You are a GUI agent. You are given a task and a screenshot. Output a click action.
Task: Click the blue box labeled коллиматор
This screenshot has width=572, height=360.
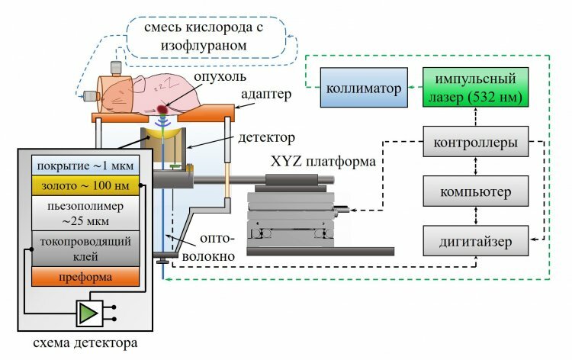coord(364,88)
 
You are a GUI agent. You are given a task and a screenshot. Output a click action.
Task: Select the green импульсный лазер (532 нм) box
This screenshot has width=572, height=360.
coord(475,87)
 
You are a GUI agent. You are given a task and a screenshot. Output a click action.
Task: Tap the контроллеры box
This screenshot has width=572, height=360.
coord(475,142)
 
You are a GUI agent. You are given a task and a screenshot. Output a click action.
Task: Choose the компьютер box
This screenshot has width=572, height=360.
coord(475,191)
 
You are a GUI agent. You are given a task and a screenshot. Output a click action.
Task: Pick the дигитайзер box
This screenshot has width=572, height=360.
coord(475,241)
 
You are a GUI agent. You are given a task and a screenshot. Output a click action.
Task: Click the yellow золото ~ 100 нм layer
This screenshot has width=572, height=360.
coord(85,185)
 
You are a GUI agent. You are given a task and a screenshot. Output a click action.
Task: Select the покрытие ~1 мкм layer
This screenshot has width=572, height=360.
coord(85,166)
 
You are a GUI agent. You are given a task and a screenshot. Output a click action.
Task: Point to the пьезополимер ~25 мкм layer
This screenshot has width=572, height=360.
coord(85,213)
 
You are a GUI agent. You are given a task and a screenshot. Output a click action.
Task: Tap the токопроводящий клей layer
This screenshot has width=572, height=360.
coord(85,249)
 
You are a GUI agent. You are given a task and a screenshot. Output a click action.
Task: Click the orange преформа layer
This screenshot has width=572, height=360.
coord(85,276)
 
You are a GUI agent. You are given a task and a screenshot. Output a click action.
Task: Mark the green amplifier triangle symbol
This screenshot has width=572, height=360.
coord(88,313)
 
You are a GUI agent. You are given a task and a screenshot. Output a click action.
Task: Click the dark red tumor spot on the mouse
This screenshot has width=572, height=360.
coord(162,109)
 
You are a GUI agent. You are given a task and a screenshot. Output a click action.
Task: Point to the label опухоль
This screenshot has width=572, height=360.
coord(220,76)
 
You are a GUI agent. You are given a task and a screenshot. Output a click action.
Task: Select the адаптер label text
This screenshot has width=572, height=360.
coord(266,95)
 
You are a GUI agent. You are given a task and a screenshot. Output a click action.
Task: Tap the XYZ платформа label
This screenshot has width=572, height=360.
coord(323,161)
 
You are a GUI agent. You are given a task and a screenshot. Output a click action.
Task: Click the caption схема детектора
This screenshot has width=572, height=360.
coord(85,343)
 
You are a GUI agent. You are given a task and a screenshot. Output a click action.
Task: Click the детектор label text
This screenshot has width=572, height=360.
coord(266,138)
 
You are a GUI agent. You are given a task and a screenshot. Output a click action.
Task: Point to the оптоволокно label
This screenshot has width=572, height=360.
coord(209,247)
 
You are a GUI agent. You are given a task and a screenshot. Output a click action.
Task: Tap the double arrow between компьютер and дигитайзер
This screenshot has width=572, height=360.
coord(475,216)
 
